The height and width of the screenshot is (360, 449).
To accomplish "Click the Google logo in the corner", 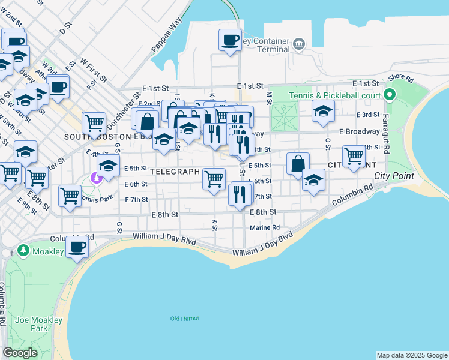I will (x=20, y=353).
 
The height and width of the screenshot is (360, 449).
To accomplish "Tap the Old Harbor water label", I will (x=183, y=319).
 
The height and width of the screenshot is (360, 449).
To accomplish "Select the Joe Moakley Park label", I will (x=40, y=324).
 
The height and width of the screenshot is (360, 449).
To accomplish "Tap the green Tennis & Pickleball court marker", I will (x=390, y=95).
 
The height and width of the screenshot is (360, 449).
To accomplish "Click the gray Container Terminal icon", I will (x=299, y=43).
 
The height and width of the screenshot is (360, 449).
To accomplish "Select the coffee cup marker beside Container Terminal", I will (x=230, y=41).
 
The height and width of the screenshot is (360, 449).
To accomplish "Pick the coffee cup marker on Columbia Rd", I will (x=77, y=247).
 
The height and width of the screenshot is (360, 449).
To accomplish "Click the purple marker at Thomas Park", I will (x=95, y=178).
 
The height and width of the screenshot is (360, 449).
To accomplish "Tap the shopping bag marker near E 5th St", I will (x=298, y=164).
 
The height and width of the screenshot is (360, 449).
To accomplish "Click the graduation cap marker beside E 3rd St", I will (x=323, y=112).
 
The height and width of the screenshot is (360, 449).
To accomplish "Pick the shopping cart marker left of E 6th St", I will (x=214, y=179).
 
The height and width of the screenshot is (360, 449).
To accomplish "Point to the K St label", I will (x=214, y=224).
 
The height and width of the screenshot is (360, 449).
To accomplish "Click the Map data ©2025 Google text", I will (x=411, y=355).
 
